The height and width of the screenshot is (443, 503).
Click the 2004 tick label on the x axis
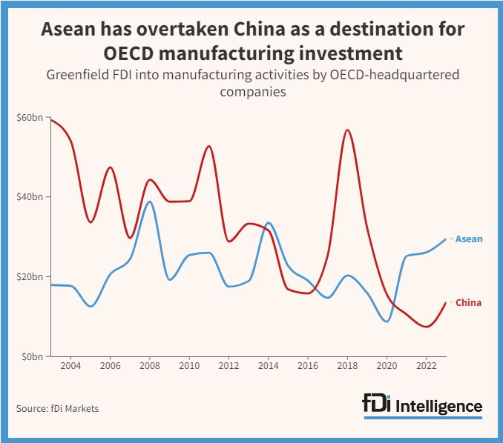coord(70,367)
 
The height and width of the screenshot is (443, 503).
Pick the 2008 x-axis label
coord(149,367)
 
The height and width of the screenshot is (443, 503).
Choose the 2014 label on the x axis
coord(268,367)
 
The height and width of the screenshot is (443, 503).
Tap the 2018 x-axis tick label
coord(347,367)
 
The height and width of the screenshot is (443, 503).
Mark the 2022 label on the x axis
coord(426,367)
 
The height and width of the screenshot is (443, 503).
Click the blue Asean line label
coord(469,239)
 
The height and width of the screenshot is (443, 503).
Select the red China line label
coord(468,302)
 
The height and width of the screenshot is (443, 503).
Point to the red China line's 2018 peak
coord(347,130)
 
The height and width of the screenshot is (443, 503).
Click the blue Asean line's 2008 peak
coord(149,201)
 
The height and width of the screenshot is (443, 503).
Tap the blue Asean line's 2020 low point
coord(387,322)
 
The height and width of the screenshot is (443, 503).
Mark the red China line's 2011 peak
coord(208,146)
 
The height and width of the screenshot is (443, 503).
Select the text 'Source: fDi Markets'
coord(57,408)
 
